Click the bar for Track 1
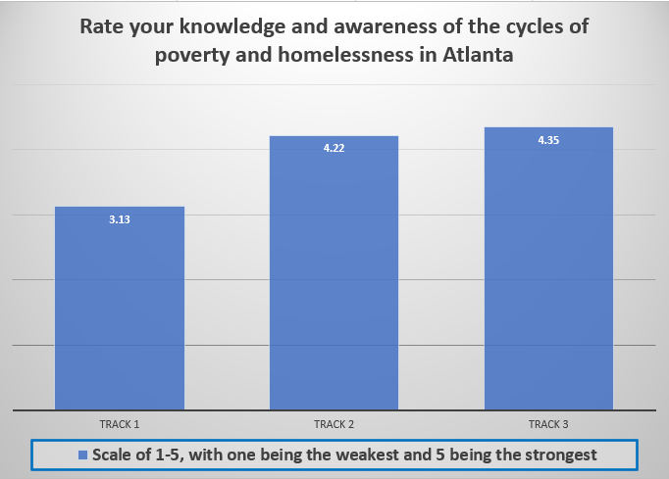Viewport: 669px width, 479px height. coord(120,309)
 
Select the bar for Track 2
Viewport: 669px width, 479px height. coord(334,272)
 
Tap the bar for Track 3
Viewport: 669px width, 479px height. coord(548,268)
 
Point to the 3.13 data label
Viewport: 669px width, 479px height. coord(120,219)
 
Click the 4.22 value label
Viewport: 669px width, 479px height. coord(334,148)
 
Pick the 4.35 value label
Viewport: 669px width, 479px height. coord(548,140)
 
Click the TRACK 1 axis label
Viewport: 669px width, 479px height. coord(120,424)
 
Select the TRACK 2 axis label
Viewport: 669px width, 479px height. coord(334,424)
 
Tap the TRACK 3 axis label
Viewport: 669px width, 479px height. coord(548,424)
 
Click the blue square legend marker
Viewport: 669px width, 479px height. coord(82,455)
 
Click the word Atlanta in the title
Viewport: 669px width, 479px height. coord(478,55)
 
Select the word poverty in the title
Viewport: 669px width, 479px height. coord(192,56)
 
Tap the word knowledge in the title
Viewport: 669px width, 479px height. coord(232,27)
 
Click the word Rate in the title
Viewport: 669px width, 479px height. coord(102,26)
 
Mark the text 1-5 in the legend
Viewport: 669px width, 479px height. coord(170,455)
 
